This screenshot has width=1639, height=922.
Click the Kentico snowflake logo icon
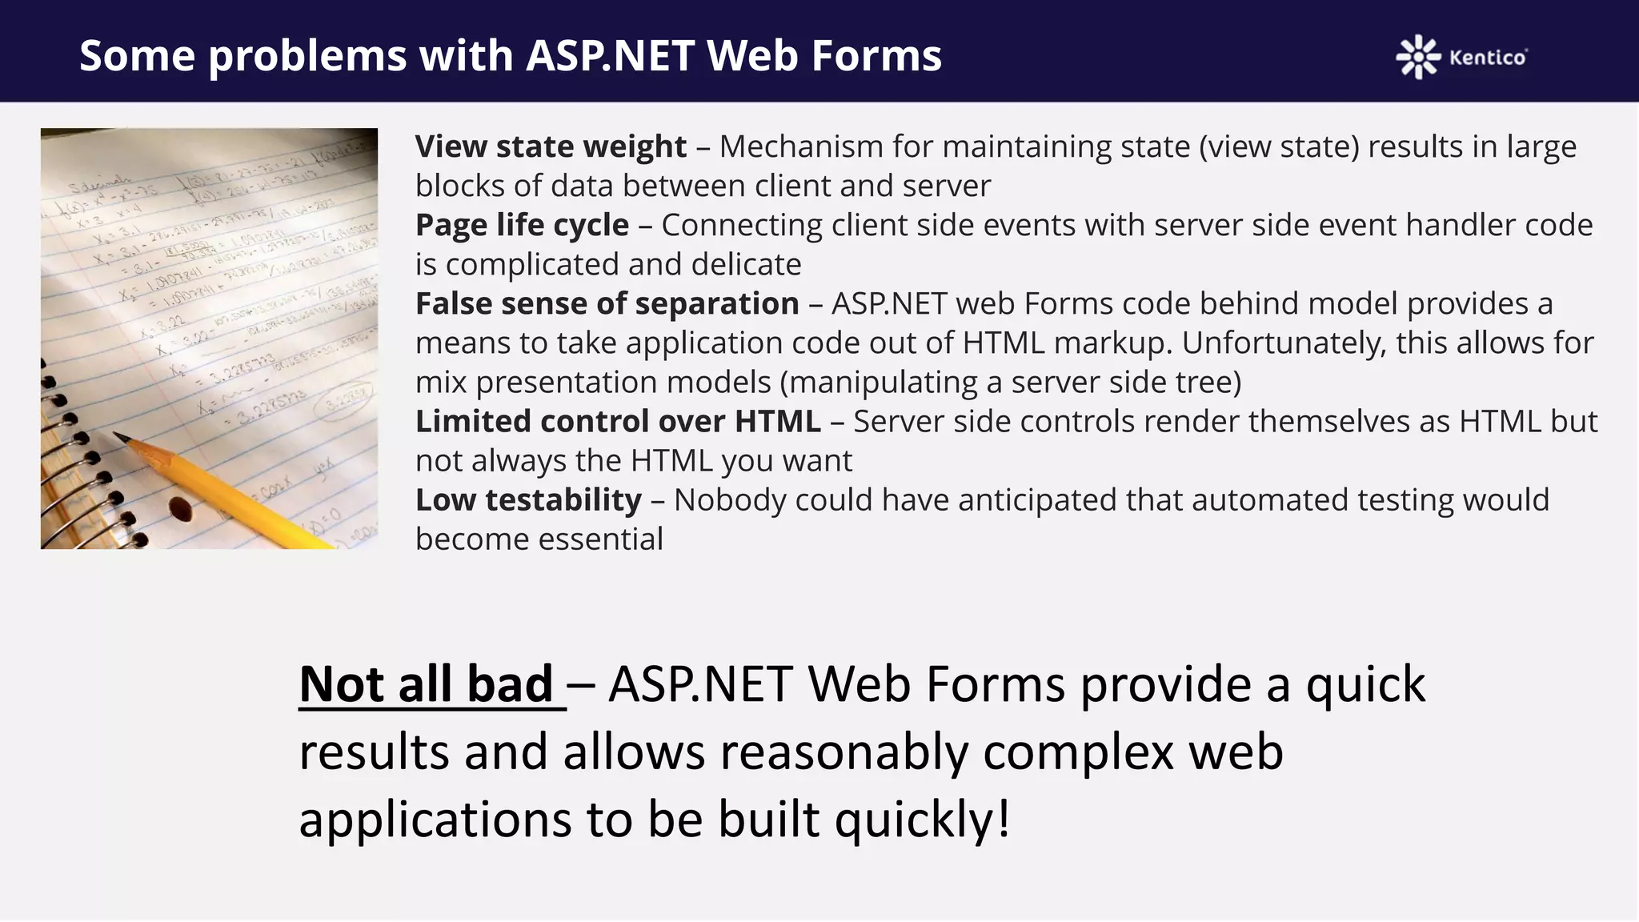click(1418, 57)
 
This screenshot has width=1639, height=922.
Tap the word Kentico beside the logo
click(1487, 58)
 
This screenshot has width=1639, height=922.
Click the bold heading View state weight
click(551, 146)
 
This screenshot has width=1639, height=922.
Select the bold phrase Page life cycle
click(522, 225)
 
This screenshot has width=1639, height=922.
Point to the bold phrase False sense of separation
click(607, 303)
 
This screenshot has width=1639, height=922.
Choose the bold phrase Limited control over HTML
click(618, 421)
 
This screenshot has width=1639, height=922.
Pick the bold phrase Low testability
click(528, 499)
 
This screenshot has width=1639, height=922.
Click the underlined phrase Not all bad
click(427, 684)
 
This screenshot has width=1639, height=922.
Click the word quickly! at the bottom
click(922, 820)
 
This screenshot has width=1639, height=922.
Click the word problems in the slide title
click(307, 56)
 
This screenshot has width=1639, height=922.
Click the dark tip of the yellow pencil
click(121, 436)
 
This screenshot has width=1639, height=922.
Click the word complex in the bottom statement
click(1078, 752)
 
